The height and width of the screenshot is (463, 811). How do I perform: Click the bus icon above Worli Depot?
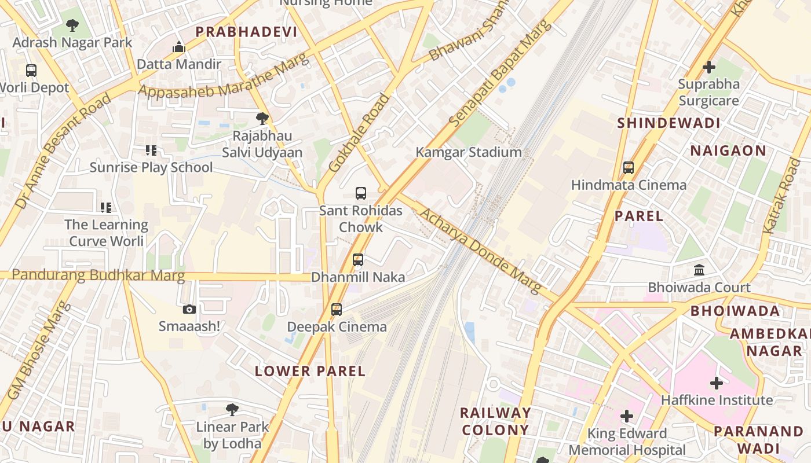coord(31,71)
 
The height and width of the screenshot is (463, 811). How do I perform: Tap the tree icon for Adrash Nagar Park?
coord(72,25)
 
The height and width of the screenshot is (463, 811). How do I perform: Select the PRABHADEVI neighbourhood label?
coord(246,32)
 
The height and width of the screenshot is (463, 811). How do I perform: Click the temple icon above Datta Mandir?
coord(179,47)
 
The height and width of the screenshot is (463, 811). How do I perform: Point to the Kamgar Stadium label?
coord(469,152)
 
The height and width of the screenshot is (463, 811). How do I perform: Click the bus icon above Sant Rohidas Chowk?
coord(361,193)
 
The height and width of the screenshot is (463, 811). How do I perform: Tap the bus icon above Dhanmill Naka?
coord(358,260)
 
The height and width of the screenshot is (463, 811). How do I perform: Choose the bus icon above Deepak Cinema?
coord(337,310)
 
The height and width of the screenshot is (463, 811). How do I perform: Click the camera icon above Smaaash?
coord(189,310)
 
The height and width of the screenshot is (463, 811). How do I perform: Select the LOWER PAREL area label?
coord(310,371)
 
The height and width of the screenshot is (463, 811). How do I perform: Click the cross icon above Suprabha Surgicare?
coord(709,67)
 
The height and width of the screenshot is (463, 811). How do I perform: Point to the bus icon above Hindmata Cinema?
coord(629,168)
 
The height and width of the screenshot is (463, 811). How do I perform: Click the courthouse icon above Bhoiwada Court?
coord(699,270)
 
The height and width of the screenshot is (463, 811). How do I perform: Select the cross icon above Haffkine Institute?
coord(717,383)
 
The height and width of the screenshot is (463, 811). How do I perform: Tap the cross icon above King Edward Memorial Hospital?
coord(627,416)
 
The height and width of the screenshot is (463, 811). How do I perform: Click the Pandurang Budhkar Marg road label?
coord(98,275)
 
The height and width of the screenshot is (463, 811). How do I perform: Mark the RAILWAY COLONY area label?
coord(495,421)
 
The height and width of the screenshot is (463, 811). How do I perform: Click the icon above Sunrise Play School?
coord(151,150)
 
